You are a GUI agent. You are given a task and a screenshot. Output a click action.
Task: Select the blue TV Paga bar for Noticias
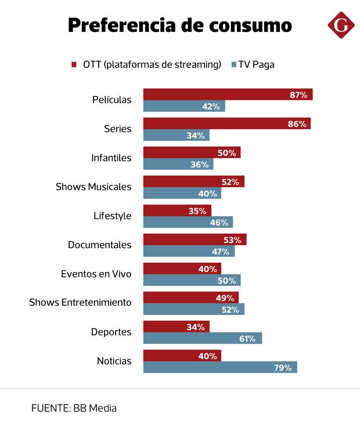click(220, 367)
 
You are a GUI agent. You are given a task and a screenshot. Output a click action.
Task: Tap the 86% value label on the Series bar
click(297, 124)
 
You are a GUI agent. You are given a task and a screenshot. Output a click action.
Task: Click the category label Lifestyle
click(113, 216)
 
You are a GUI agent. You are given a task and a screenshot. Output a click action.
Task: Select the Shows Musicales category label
click(93, 187)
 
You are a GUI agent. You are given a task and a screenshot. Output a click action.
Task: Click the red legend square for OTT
click(74, 65)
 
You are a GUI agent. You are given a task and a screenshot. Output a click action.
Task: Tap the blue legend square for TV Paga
click(233, 65)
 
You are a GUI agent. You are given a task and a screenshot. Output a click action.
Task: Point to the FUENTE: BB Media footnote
click(74, 408)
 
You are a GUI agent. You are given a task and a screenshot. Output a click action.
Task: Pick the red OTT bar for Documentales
click(195, 239)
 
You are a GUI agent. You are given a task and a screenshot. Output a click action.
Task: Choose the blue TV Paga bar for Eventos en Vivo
click(192, 280)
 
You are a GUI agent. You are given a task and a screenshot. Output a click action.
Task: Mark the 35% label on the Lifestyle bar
click(197, 211)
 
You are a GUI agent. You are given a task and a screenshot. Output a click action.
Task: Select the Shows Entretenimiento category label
click(80, 303)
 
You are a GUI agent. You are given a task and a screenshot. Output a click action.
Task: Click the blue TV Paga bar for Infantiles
click(178, 164)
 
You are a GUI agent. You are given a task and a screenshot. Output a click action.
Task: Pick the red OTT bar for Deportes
click(176, 327)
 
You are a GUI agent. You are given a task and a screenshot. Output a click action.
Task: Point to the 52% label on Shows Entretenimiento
click(230, 310)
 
